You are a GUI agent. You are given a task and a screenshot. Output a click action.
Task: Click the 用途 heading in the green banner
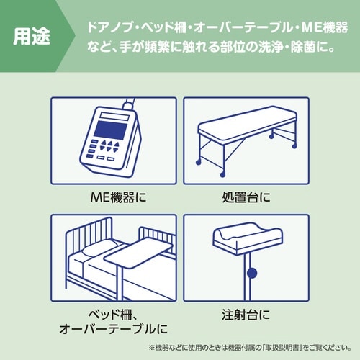pos(32,37)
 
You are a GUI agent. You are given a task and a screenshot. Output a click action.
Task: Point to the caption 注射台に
pos(246,315)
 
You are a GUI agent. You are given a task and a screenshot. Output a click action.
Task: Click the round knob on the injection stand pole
pos(251,273)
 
